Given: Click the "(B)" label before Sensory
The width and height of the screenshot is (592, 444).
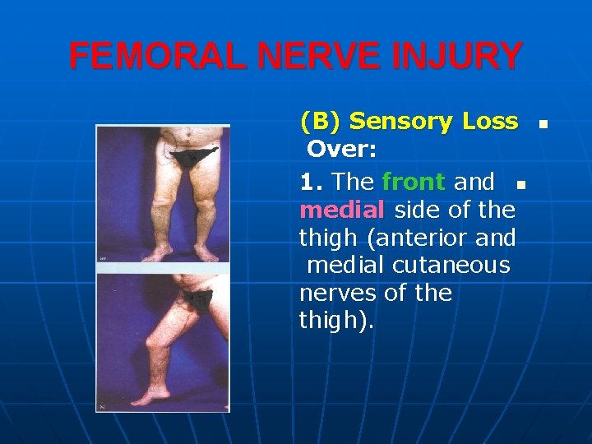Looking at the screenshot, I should (x=321, y=123).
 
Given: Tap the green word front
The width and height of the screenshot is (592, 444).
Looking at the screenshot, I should (x=414, y=182).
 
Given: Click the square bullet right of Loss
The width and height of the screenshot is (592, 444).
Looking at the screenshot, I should (x=543, y=126).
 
